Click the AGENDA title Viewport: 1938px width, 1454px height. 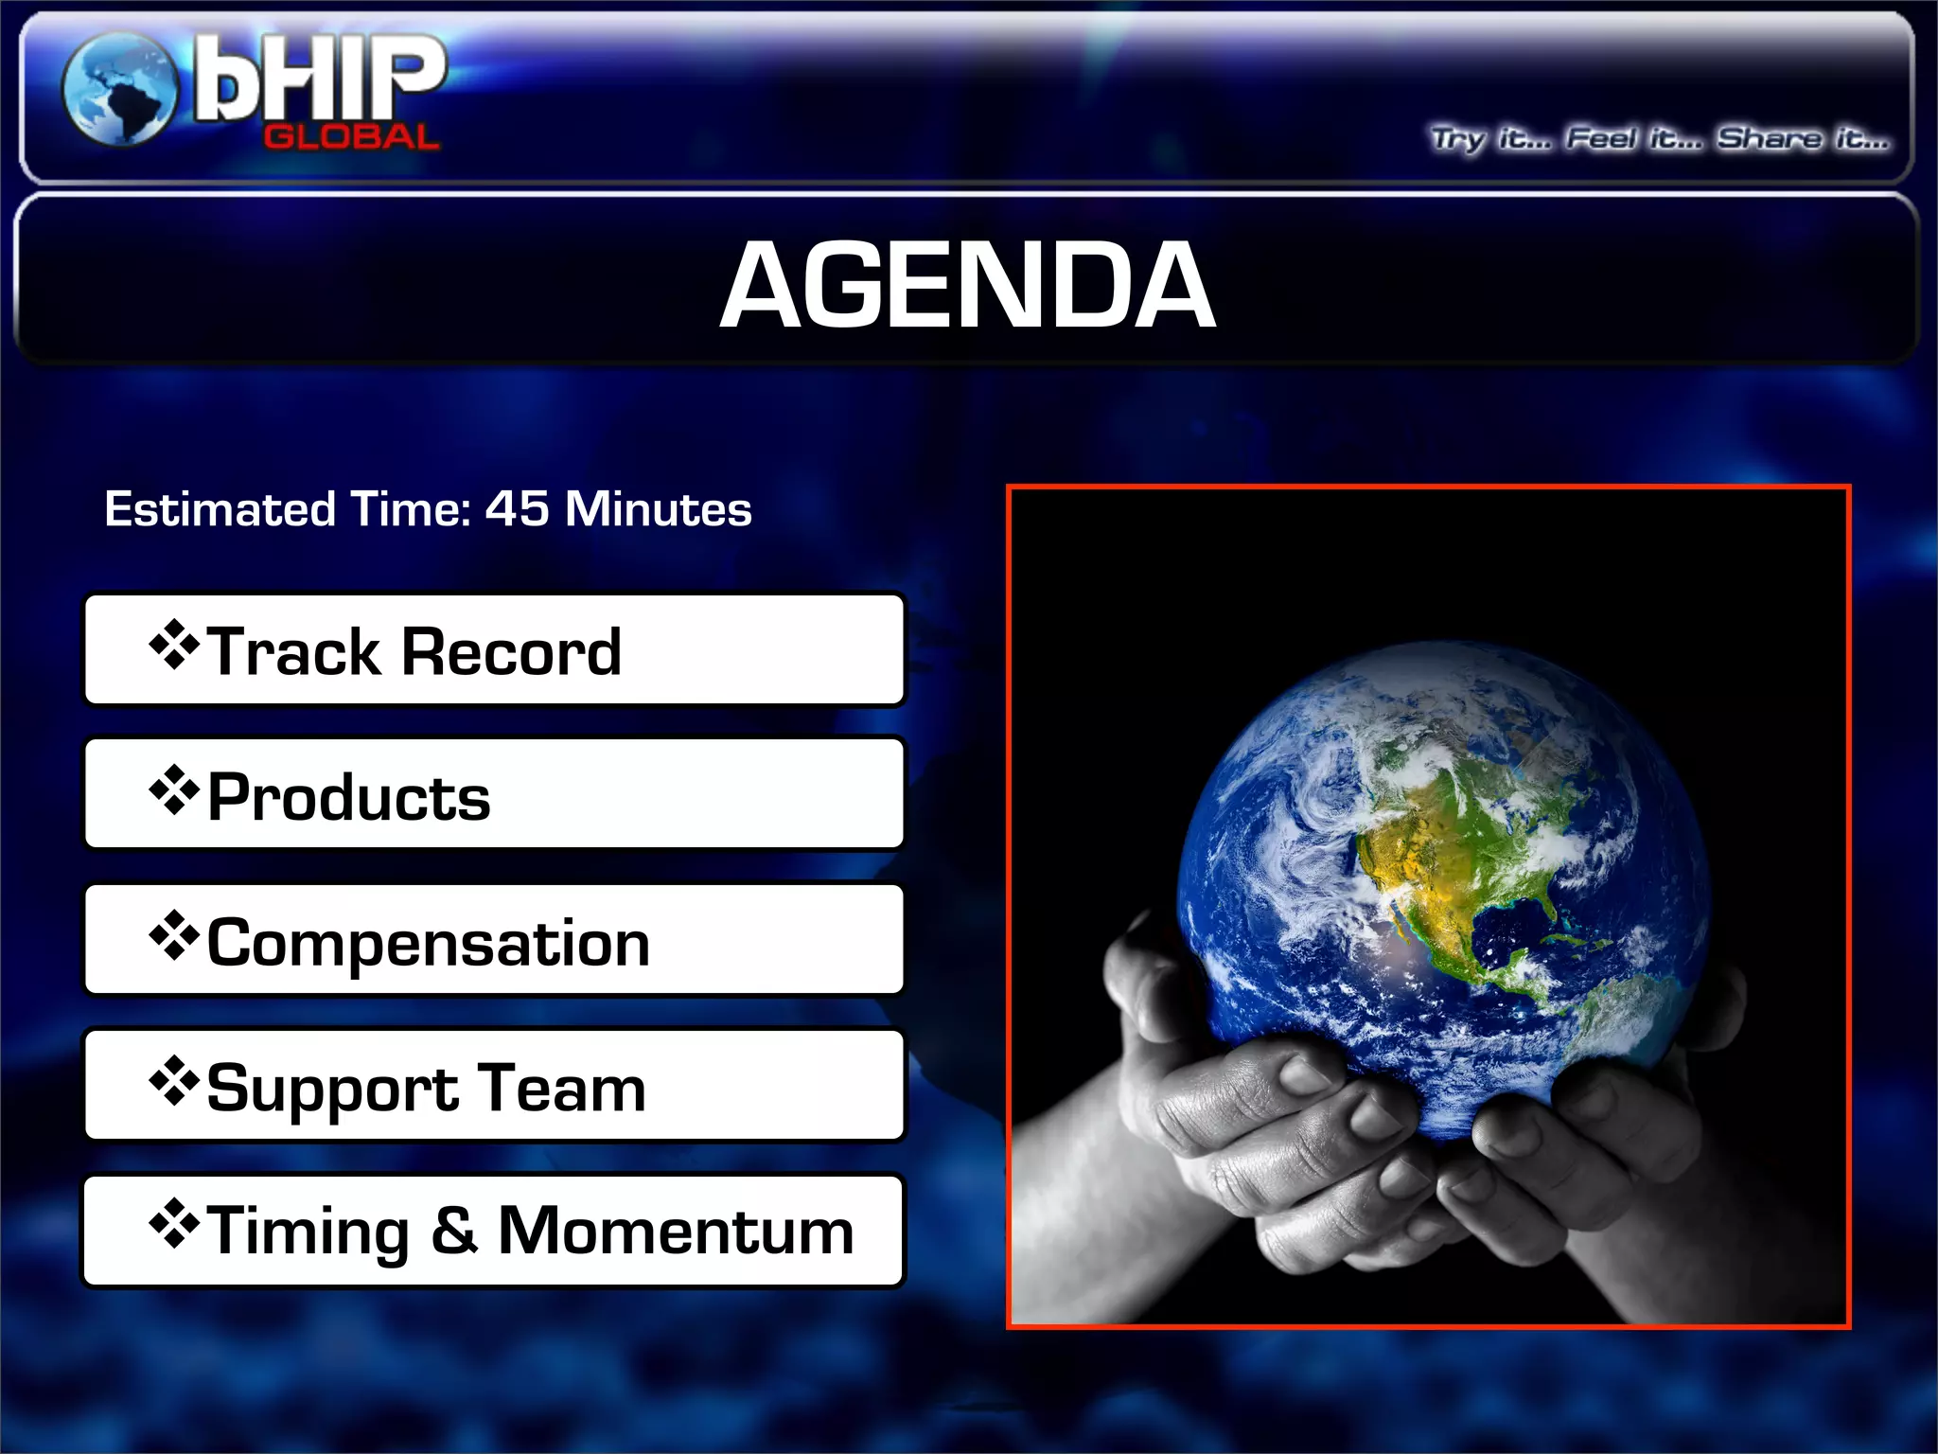coord(967,285)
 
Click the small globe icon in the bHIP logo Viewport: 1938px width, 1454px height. coord(119,90)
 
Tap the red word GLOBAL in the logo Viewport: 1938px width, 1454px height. coord(351,137)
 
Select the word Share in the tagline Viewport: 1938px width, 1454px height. coord(1769,139)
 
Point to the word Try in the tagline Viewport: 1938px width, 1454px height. coord(1457,140)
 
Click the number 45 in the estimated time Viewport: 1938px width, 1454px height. coord(517,508)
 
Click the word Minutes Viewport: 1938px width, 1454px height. coord(658,509)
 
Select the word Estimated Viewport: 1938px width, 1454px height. coord(220,509)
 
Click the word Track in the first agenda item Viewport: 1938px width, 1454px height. coord(293,652)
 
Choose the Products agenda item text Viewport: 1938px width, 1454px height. coord(348,797)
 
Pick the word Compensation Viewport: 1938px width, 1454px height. coord(428,944)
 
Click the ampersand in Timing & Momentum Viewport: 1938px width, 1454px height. coord(454,1231)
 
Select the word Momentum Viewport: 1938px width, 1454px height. coord(676,1231)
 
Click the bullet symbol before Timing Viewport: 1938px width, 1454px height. coord(174,1224)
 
